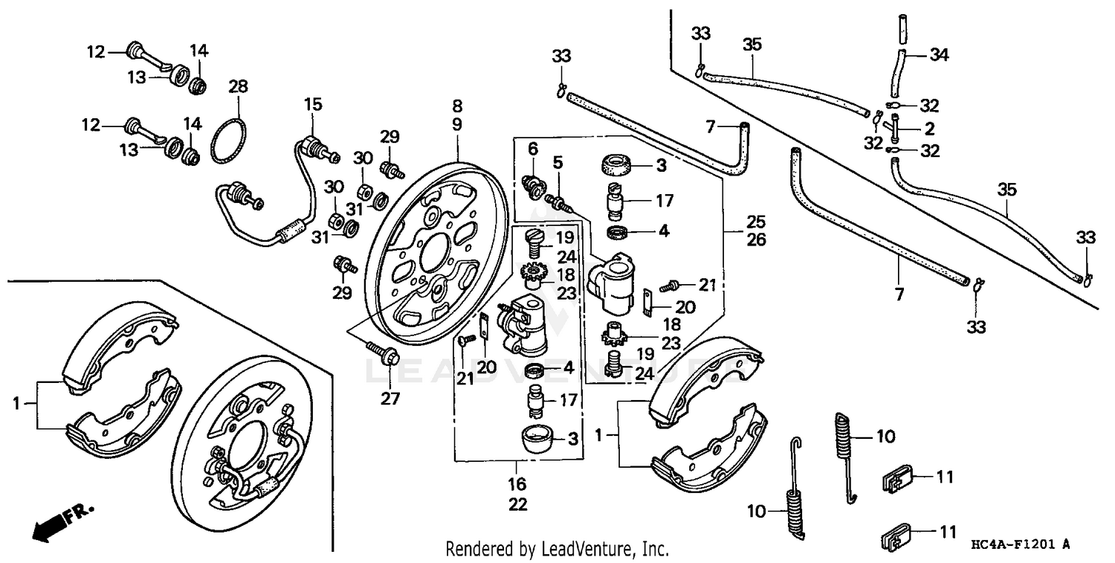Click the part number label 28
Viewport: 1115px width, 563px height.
click(237, 86)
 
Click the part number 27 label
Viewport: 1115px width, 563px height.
click(391, 399)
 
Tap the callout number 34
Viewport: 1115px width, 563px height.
click(940, 54)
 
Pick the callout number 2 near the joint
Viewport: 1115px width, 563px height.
click(930, 128)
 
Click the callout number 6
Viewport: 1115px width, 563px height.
click(531, 149)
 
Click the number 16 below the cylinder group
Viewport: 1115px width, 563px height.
click(517, 486)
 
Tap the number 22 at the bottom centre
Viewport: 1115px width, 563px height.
click(517, 505)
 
